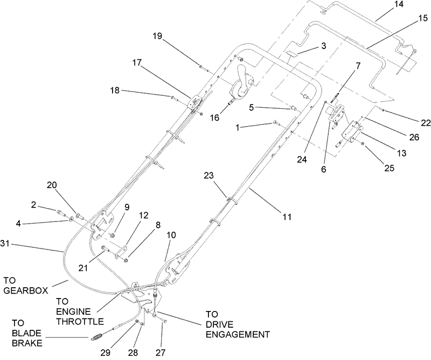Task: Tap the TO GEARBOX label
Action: click(x=22, y=285)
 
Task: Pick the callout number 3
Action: click(x=323, y=46)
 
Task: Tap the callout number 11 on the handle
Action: click(x=287, y=217)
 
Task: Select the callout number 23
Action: click(x=209, y=176)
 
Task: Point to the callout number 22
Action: click(x=426, y=123)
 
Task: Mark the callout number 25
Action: click(x=388, y=168)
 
